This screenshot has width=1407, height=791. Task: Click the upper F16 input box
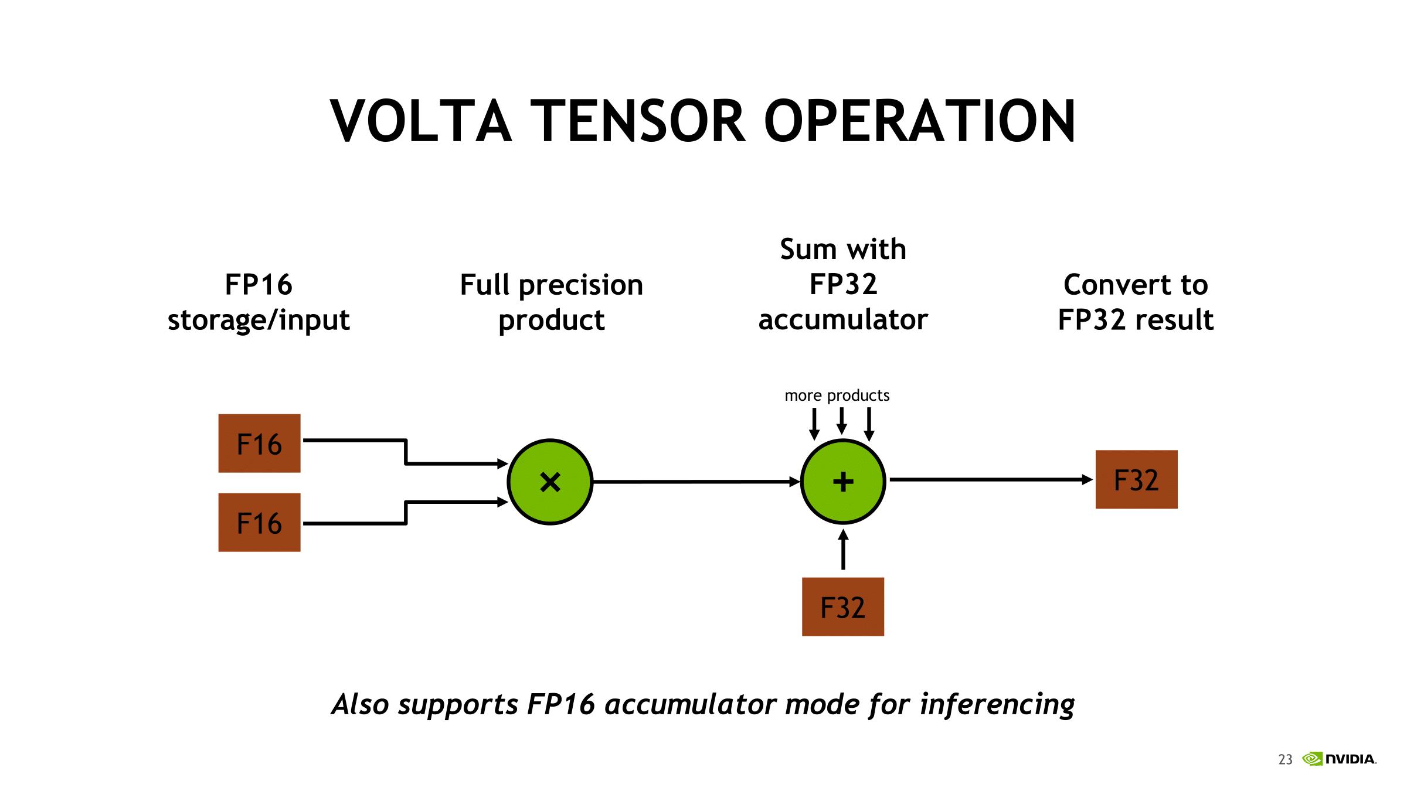259,443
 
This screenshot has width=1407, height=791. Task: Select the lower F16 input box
259,522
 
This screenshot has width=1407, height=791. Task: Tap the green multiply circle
550,482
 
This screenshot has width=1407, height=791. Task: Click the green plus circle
843,482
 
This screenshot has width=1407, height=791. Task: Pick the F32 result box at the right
1136,479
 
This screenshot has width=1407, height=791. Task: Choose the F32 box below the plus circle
843,607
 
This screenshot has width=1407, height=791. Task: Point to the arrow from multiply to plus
696,482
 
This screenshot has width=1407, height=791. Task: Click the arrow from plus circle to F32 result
991,479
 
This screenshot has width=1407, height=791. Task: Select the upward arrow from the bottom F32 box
843,550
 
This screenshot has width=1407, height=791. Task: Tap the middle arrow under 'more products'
842,421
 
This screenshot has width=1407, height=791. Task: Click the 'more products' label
837,395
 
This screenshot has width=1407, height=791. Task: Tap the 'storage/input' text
259,321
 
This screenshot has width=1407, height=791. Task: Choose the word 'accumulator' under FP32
843,319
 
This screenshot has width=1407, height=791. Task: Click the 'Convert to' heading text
1136,285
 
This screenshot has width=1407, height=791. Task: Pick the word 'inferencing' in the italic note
997,704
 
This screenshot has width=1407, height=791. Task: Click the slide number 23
1285,760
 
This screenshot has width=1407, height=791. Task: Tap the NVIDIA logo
1339,759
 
